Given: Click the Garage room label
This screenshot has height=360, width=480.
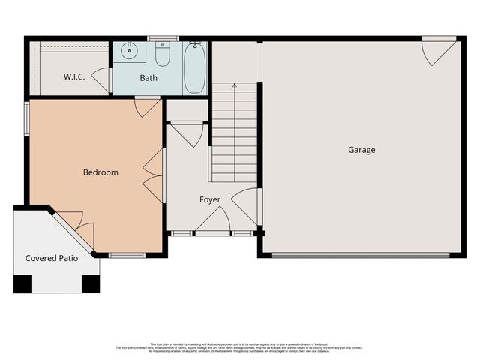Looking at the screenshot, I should pyautogui.click(x=361, y=150).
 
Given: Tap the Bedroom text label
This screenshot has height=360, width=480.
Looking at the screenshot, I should pyautogui.click(x=100, y=172).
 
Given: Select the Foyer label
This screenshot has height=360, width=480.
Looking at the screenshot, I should pyautogui.click(x=210, y=199).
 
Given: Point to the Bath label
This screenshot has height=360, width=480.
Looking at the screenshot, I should pyautogui.click(x=148, y=77).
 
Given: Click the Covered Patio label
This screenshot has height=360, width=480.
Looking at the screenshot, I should pyautogui.click(x=52, y=258).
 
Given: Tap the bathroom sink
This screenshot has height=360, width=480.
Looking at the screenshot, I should pyautogui.click(x=128, y=52).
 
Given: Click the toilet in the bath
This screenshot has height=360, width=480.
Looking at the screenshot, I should pyautogui.click(x=163, y=54).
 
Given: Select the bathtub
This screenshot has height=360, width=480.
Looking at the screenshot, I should pyautogui.click(x=194, y=68).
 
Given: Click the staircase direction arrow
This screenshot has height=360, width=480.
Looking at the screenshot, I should pyautogui.click(x=235, y=86).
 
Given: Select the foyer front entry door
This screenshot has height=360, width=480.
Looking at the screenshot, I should pyautogui.click(x=214, y=222).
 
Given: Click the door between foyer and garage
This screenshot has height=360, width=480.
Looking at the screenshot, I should pyautogui.click(x=246, y=206).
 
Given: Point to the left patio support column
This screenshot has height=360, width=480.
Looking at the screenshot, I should pyautogui.click(x=22, y=284).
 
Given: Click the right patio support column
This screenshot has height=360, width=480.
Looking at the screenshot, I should pyautogui.click(x=91, y=284).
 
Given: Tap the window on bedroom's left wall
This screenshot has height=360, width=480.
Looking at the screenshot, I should pyautogui.click(x=26, y=118).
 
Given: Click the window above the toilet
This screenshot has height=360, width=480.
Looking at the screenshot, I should pyautogui.click(x=163, y=38).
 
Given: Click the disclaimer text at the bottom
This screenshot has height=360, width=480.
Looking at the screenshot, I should pyautogui.click(x=240, y=347).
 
